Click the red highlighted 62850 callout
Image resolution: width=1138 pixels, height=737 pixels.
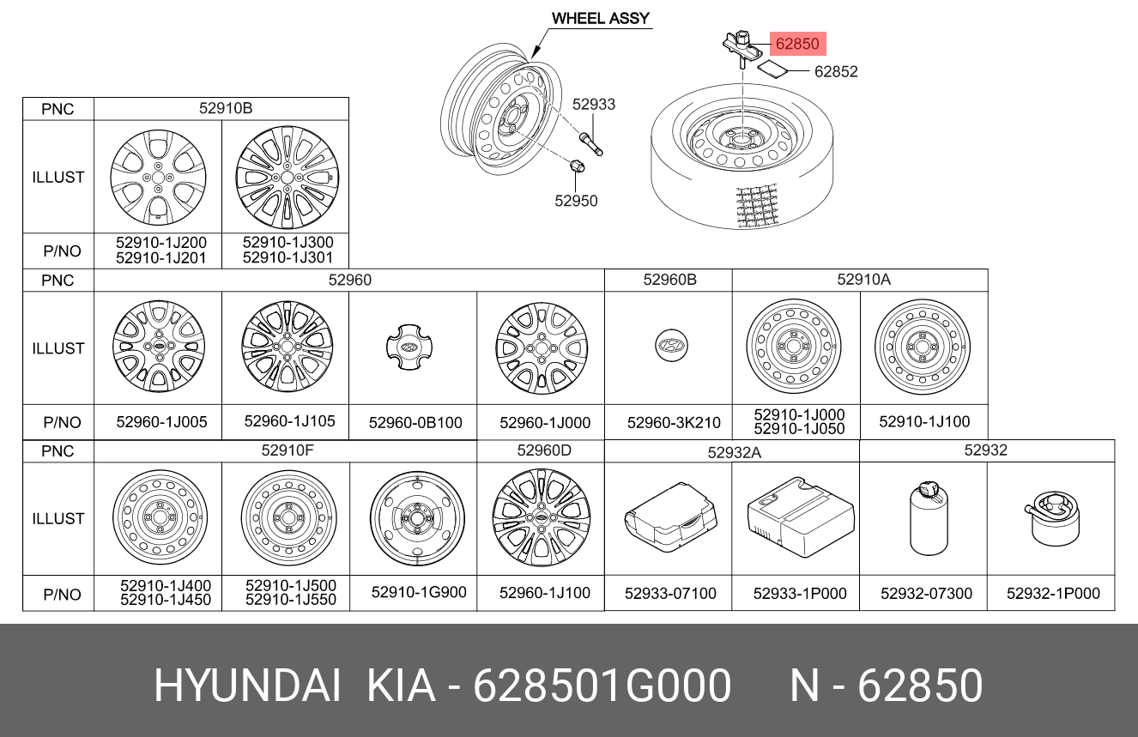pyautogui.click(x=797, y=44)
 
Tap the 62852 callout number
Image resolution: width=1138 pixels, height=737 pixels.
pyautogui.click(x=836, y=71)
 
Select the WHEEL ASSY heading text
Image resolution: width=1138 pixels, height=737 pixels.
pyautogui.click(x=601, y=18)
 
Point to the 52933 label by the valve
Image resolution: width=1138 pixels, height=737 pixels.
pyautogui.click(x=593, y=104)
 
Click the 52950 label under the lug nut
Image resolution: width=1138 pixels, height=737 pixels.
pyautogui.click(x=576, y=201)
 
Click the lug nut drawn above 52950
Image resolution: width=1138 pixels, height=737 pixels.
pyautogui.click(x=578, y=166)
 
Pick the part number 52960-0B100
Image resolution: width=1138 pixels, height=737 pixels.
pyautogui.click(x=415, y=423)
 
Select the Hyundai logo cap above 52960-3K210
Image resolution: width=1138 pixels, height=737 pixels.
pyautogui.click(x=670, y=346)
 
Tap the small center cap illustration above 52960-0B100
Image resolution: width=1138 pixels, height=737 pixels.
pyautogui.click(x=409, y=347)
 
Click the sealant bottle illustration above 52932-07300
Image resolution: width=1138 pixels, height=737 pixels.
pyautogui.click(x=929, y=518)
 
